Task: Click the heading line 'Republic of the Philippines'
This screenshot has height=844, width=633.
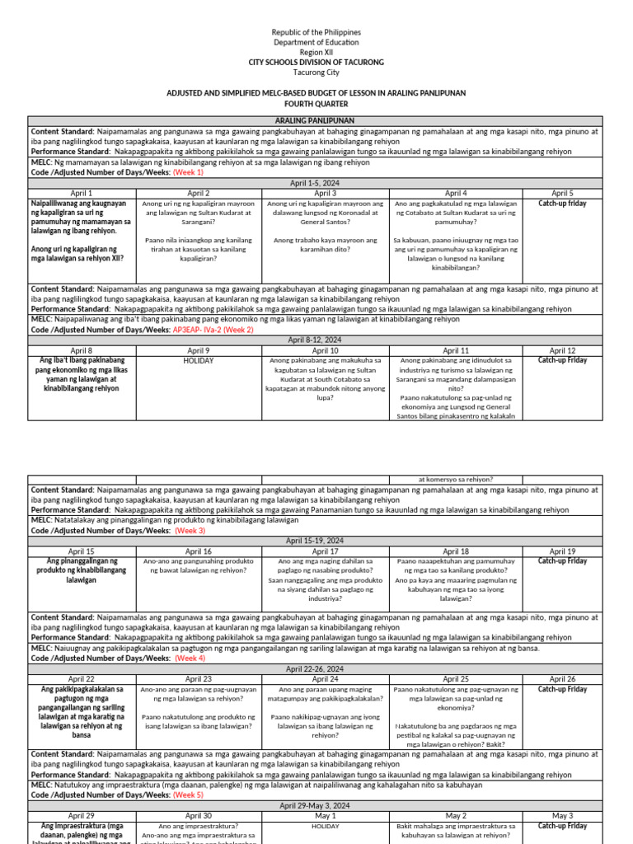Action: (x=316, y=32)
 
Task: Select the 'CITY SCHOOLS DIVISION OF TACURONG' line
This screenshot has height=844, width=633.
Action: (x=316, y=63)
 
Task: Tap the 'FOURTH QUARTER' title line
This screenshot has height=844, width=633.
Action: (x=316, y=105)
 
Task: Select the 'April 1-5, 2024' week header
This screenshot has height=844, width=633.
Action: (x=314, y=183)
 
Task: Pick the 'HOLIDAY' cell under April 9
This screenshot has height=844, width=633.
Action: (x=199, y=360)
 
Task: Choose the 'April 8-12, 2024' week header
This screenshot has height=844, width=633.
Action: (x=314, y=340)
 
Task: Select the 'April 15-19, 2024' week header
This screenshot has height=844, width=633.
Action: (x=314, y=541)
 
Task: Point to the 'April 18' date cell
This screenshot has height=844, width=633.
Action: (x=456, y=551)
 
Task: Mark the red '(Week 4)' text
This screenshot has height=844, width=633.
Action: (x=190, y=658)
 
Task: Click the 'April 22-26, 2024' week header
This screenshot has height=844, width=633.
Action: (x=314, y=668)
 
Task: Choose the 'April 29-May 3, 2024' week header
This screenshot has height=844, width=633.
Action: (x=314, y=805)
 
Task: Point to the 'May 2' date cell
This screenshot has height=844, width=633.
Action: (x=456, y=816)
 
